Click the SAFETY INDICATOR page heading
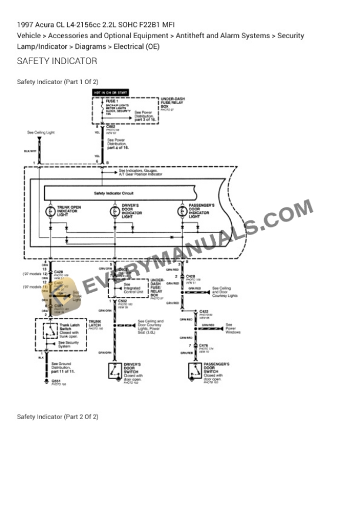[57, 61]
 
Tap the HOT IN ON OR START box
[110, 92]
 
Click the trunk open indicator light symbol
[49, 212]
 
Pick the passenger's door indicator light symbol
[182, 212]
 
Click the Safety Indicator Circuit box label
[114, 193]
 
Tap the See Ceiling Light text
[41, 132]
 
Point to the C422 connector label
[204, 312]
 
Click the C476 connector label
[204, 346]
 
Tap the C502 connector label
[123, 301]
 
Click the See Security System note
[69, 344]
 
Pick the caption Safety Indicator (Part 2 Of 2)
[58, 417]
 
